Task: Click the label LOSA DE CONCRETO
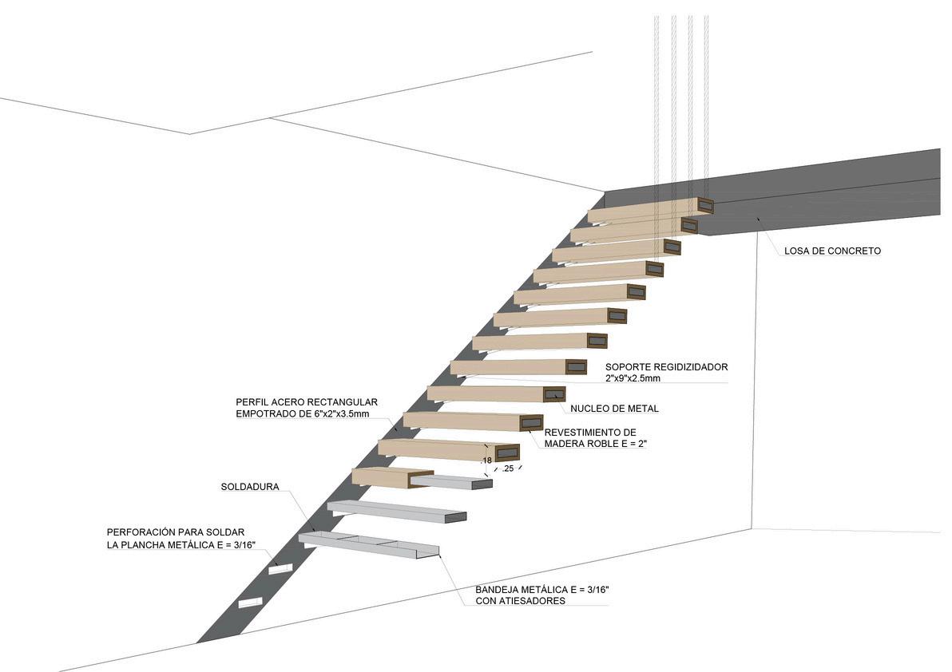coord(832,251)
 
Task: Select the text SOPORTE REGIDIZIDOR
coord(666,367)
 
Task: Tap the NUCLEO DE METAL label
coord(614,409)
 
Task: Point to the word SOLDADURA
coord(250,487)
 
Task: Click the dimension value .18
coord(487,461)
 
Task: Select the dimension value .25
coord(507,469)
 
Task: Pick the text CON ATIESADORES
coord(520,601)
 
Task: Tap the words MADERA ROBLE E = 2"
coord(595,444)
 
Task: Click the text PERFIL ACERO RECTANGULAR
coord(307,402)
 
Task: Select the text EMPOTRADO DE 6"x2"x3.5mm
coord(307,413)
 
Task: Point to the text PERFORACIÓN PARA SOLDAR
coord(180,532)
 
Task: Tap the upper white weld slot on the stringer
coord(280,567)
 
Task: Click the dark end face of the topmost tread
coord(704,204)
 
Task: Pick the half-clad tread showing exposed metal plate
coord(421,479)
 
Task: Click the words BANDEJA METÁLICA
coord(523,590)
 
